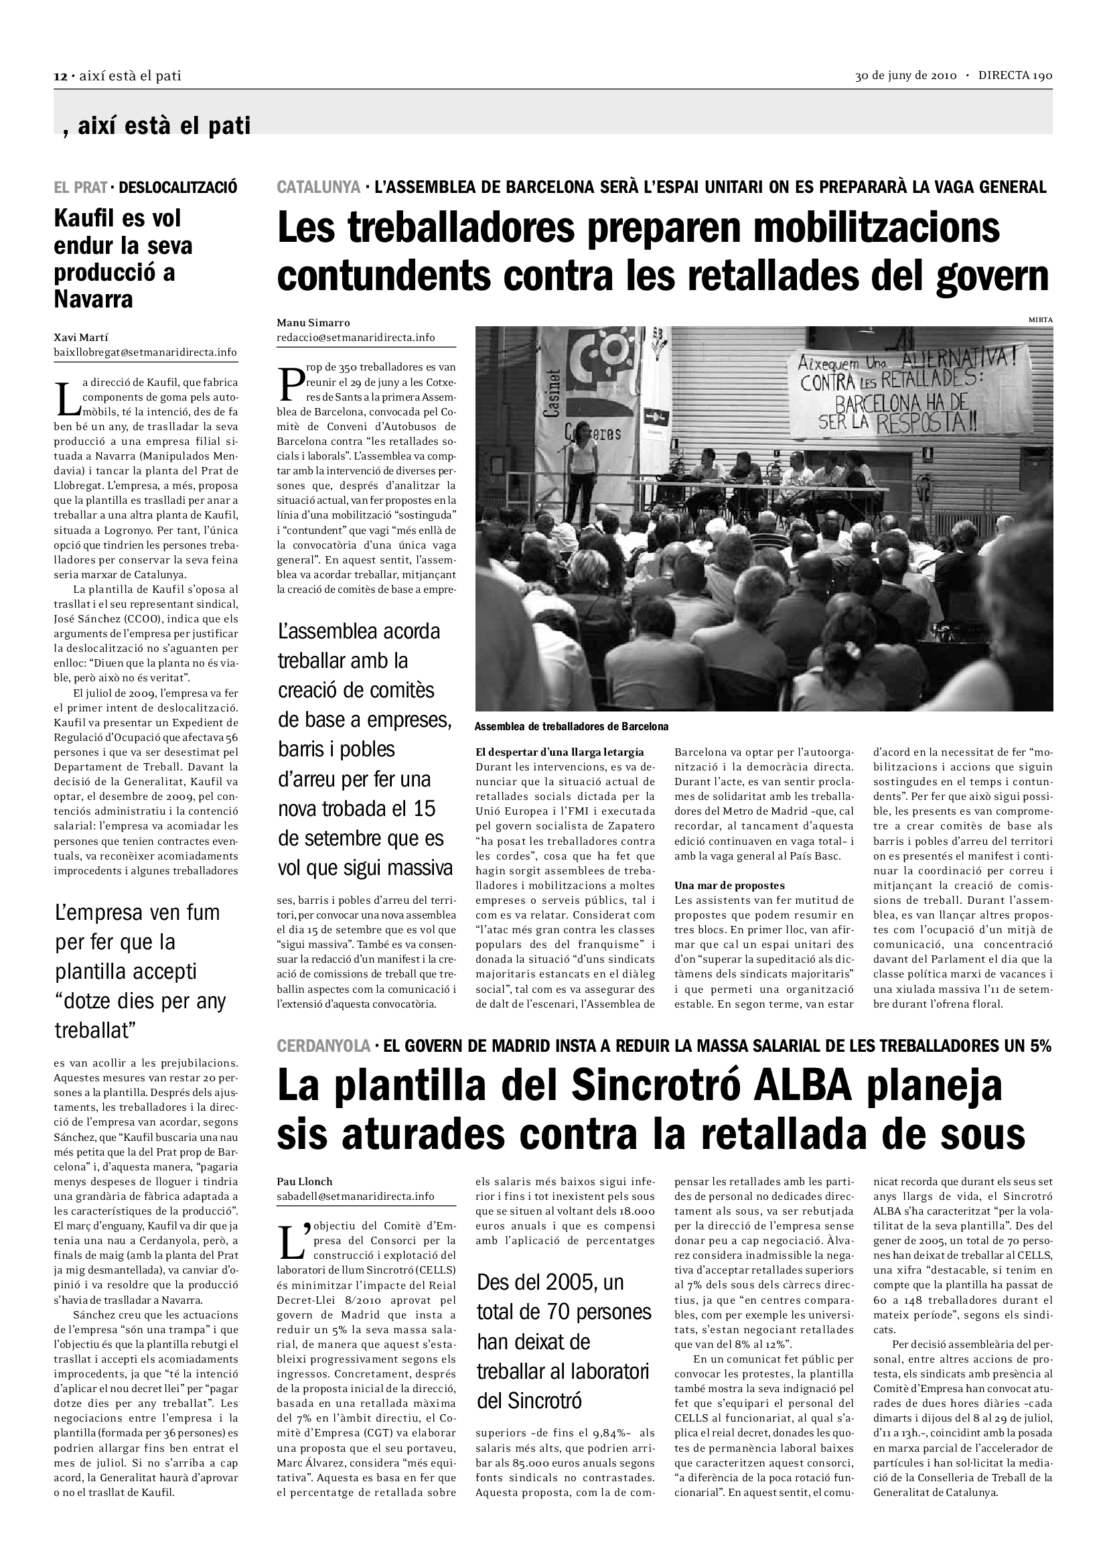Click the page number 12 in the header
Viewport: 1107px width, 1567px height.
(60, 76)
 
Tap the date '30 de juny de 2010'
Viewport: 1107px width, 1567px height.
(906, 76)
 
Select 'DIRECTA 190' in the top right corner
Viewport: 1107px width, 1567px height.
(1015, 76)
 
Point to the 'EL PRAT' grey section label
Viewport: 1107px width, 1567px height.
(80, 187)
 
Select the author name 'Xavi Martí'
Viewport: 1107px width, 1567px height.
(81, 337)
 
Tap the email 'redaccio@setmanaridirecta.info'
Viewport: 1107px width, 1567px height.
(356, 337)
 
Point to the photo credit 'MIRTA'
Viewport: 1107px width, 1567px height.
(1040, 320)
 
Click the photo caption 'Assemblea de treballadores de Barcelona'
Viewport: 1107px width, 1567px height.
(571, 727)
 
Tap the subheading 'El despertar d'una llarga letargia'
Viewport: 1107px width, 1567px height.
(559, 752)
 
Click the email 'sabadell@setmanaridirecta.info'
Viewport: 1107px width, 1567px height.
(356, 1197)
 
